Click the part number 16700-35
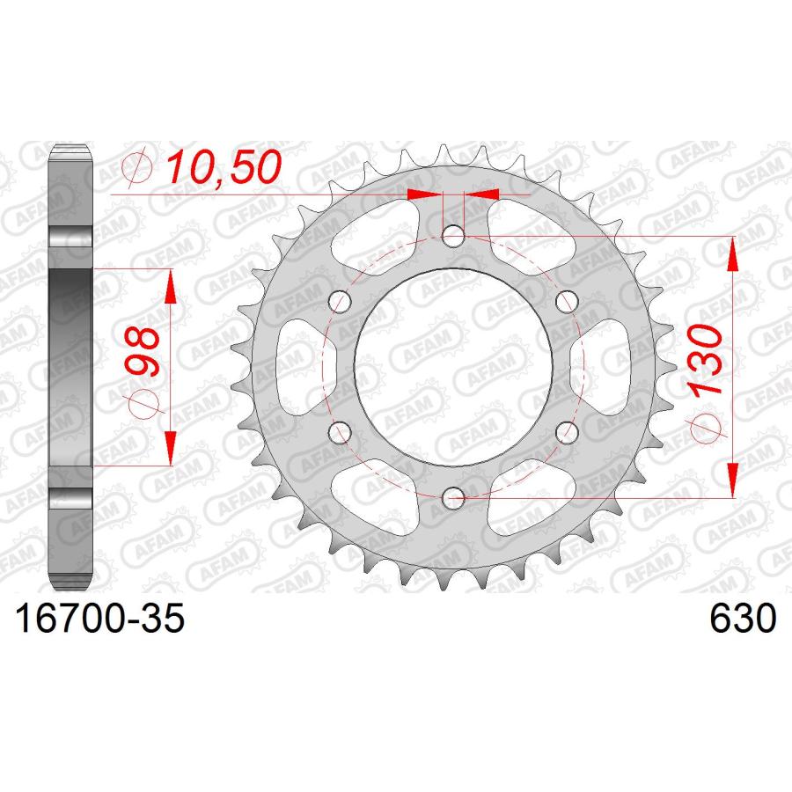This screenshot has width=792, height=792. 100,619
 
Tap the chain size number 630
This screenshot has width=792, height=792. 742,619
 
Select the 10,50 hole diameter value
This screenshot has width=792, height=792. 224,167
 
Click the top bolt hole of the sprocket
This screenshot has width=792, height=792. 453,236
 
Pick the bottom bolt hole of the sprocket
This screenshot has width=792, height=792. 453,498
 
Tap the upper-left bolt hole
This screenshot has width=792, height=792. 340,302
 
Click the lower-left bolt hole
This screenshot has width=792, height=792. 340,432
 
